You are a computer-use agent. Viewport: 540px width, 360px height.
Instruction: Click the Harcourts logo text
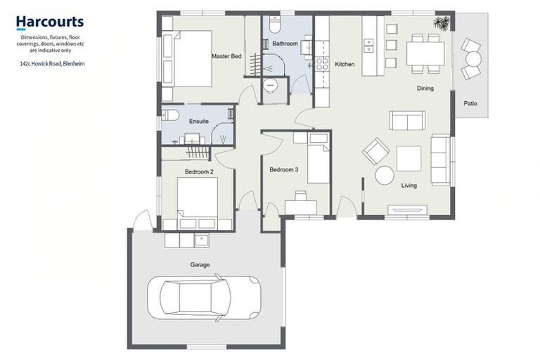click(x=50, y=22)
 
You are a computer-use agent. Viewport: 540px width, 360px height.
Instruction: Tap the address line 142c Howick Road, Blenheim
click(x=52, y=64)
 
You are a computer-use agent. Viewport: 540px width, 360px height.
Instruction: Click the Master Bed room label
click(x=226, y=56)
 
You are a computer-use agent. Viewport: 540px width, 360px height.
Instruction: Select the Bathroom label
click(x=285, y=44)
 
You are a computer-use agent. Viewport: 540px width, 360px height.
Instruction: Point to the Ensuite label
click(x=199, y=121)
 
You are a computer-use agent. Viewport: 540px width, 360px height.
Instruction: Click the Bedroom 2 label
click(x=199, y=172)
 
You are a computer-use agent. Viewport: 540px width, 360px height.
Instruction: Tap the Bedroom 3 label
click(x=284, y=169)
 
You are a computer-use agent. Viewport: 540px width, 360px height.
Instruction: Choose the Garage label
click(x=200, y=265)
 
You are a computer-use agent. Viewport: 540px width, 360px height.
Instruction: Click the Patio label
click(x=470, y=103)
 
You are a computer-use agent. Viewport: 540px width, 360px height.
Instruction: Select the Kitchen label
click(x=345, y=64)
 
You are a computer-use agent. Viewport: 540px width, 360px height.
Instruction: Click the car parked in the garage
click(x=204, y=297)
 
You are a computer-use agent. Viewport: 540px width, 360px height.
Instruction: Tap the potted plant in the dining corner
click(x=442, y=23)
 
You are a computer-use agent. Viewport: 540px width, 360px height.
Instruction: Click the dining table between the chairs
click(x=425, y=53)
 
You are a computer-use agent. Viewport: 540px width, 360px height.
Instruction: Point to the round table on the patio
click(x=473, y=58)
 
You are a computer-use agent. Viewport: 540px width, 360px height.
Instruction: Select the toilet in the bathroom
click(x=276, y=24)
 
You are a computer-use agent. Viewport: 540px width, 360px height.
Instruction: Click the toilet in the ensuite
click(x=169, y=115)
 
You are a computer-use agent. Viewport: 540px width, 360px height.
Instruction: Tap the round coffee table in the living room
click(x=385, y=176)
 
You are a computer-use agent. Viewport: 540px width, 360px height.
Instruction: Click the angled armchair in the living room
click(x=375, y=151)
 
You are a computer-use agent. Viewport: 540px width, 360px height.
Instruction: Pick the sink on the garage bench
click(x=202, y=240)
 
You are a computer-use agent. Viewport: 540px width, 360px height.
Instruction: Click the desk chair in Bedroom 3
click(x=301, y=195)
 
